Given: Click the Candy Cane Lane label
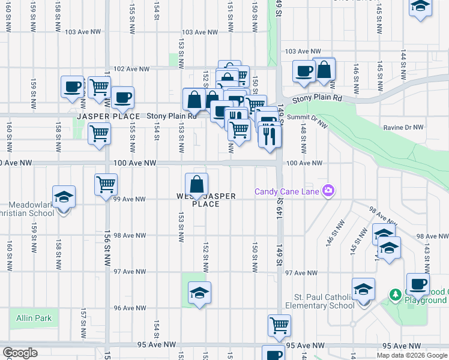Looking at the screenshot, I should point(288,192).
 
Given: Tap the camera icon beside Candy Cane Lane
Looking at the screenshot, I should point(328,191).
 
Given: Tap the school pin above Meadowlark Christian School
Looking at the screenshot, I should point(64,197).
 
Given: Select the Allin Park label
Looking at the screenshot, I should point(34,318).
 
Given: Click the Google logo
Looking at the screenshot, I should point(19,353).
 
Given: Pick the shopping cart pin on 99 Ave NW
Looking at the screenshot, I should point(106,185).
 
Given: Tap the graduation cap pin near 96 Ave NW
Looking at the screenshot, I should point(199,293).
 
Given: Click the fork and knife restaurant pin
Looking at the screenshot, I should point(270,136).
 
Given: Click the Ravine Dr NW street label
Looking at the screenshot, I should point(403,127).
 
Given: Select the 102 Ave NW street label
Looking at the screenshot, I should point(131,69).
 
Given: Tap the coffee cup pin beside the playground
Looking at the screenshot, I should point(418,285).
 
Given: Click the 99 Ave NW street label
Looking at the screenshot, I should point(131,199).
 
